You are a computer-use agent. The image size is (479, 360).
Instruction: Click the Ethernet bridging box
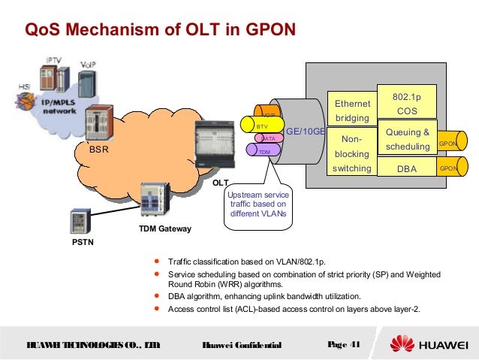pos(352,110)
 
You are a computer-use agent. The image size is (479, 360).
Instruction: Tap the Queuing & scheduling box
pos(407,139)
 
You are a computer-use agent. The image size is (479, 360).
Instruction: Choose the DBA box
pos(406,168)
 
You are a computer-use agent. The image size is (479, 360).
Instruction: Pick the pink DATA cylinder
pos(267,138)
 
